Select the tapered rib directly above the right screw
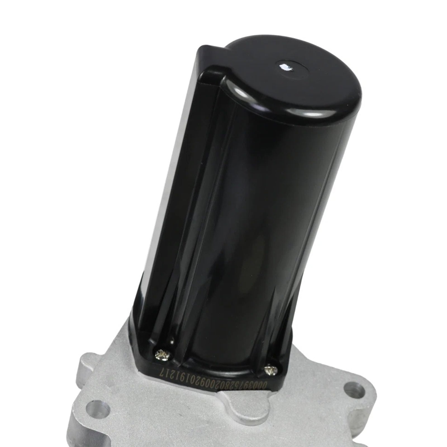point(275,335)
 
